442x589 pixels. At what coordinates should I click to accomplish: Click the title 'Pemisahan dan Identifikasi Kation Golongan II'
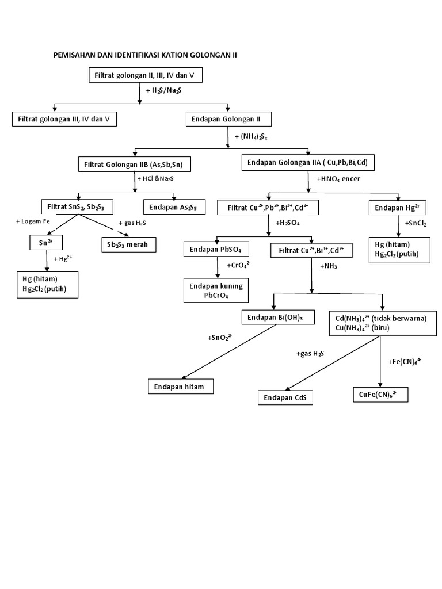[144, 55]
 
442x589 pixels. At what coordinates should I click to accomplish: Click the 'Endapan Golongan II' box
[228, 119]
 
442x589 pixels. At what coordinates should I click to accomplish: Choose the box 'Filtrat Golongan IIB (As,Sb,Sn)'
[134, 165]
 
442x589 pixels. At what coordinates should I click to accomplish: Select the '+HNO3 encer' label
[338, 179]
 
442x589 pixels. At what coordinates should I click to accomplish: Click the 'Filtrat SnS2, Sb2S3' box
[76, 206]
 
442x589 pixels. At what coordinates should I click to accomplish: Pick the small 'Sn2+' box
[45, 243]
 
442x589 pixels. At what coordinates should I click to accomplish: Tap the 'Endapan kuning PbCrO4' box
[216, 290]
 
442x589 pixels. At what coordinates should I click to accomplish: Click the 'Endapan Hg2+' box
[399, 207]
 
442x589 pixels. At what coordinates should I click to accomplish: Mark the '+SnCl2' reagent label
[415, 223]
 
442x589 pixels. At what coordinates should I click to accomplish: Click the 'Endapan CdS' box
[285, 397]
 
